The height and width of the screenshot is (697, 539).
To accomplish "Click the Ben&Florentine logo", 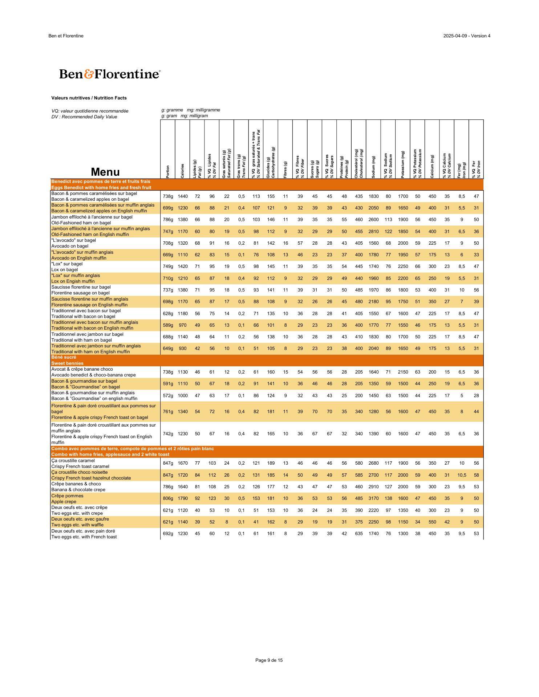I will tap(109, 74).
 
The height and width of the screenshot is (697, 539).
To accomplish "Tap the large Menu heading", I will tap(105, 172).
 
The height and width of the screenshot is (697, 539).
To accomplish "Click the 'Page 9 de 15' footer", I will tap(269, 660).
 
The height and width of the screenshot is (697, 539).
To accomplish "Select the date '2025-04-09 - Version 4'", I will tap(467, 36).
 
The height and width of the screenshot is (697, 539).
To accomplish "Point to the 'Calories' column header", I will tap(182, 171).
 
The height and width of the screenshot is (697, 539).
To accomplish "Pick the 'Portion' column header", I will tap(168, 171).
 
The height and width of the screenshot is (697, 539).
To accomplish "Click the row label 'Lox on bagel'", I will tap(65, 270).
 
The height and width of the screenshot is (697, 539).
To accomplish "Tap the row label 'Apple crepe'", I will tap(64, 502).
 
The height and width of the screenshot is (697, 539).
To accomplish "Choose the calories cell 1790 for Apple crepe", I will tap(183, 498).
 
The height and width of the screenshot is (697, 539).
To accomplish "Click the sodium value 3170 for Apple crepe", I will tap(373, 498).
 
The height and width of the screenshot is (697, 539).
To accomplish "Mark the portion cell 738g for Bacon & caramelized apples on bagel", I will tap(168, 196).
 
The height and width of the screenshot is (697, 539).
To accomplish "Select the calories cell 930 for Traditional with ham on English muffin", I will tap(183, 348).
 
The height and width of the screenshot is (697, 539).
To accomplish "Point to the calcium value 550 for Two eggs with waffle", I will tap(432, 522).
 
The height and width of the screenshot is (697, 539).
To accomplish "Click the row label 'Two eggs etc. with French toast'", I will tap(84, 537).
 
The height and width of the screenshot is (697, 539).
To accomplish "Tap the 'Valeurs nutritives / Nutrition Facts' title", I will tap(89, 98).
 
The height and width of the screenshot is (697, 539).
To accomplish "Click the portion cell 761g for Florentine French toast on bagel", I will tap(168, 412).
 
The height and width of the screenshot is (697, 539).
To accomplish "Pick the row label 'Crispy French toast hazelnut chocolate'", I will tap(91, 478).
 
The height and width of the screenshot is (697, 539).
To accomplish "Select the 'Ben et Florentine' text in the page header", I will tap(66, 36).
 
